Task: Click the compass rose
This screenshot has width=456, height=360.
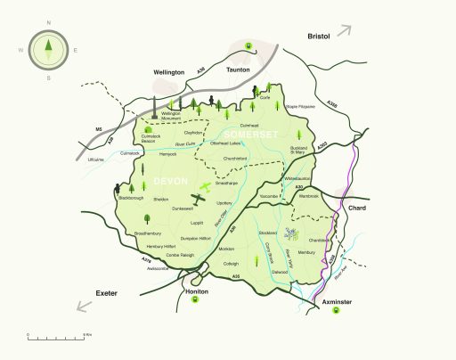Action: click(49, 50)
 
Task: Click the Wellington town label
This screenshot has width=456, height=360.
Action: click(167, 72)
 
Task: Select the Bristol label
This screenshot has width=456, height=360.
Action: click(318, 37)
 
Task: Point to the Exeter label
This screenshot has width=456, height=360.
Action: click(107, 291)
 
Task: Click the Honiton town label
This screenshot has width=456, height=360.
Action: click(195, 291)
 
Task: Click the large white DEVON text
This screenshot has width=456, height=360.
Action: click(169, 182)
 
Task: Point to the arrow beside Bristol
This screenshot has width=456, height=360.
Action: click(344, 31)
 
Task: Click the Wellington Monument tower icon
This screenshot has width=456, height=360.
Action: click(153, 105)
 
